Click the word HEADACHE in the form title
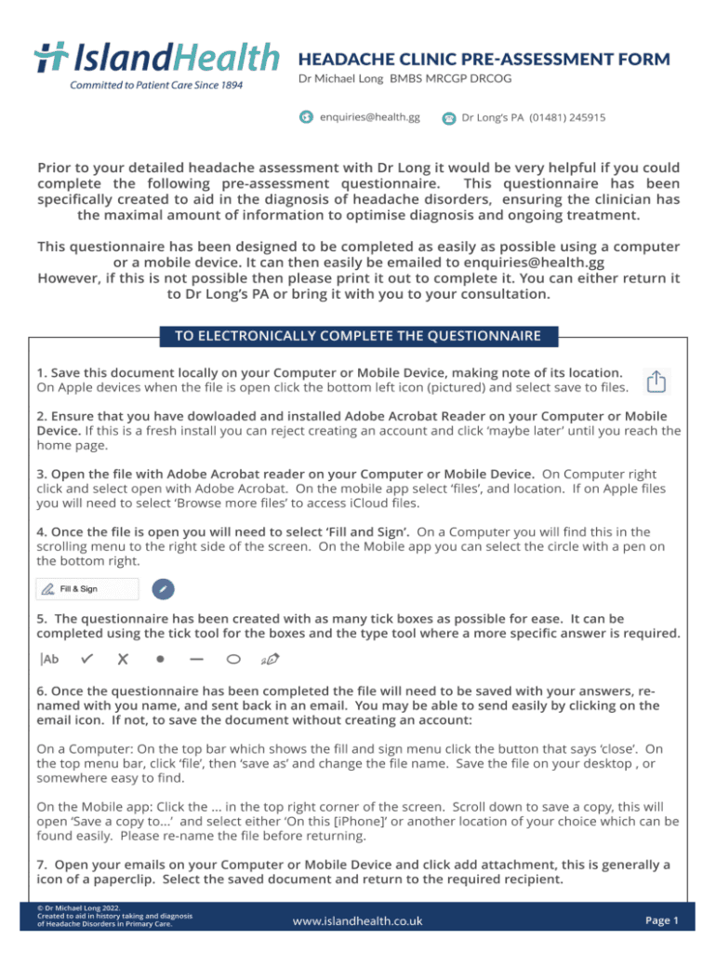click(x=339, y=60)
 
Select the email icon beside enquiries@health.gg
click(x=305, y=117)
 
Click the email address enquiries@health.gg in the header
click(x=370, y=118)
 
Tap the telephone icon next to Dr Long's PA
click(x=449, y=118)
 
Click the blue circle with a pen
click(x=162, y=589)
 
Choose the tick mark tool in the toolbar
click(x=86, y=659)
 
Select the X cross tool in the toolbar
click(x=122, y=659)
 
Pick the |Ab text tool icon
click(x=50, y=659)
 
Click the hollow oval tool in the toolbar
click(x=233, y=659)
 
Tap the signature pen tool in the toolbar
click(x=271, y=659)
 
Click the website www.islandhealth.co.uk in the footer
click(x=357, y=921)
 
